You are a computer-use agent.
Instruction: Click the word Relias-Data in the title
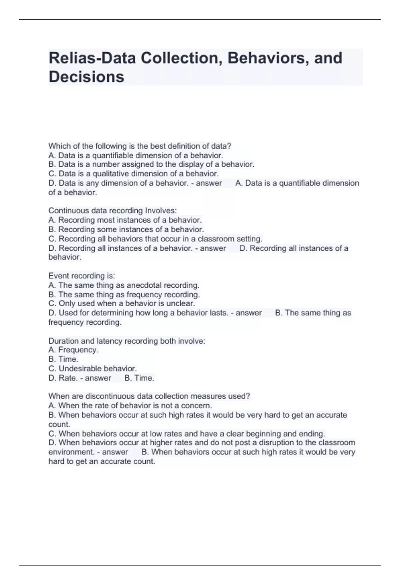tap(92, 58)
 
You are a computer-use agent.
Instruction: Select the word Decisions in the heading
tap(86, 77)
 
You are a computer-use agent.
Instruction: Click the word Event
tap(59, 276)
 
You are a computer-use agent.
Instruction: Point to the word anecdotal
tap(144, 285)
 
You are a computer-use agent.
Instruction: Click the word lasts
tap(218, 313)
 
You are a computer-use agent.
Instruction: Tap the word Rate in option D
tap(68, 378)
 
